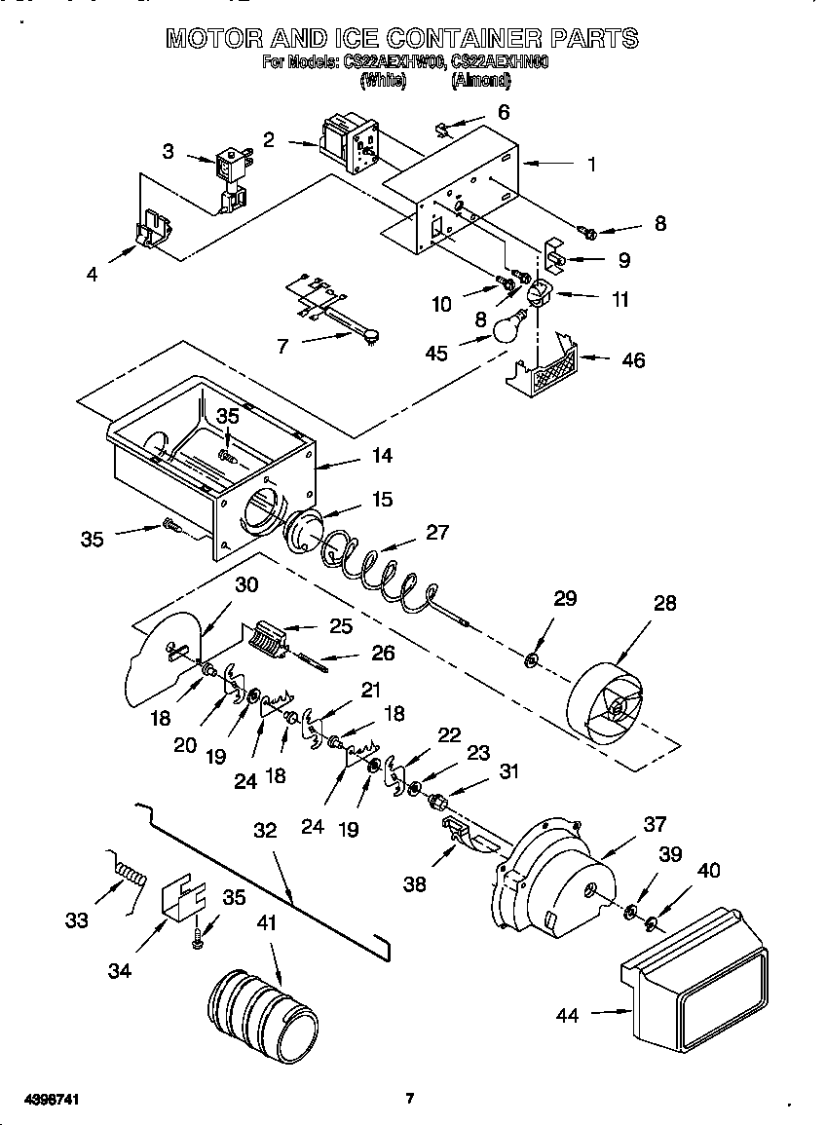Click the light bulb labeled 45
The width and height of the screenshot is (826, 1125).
pyautogui.click(x=506, y=326)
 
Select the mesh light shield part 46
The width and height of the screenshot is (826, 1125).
pyautogui.click(x=548, y=369)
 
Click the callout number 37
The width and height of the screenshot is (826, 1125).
pyautogui.click(x=655, y=824)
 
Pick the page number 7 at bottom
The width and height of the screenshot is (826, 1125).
pyautogui.click(x=410, y=1099)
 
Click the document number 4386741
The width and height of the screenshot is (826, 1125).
pyautogui.click(x=42, y=1099)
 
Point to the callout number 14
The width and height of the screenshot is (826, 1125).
pyautogui.click(x=381, y=455)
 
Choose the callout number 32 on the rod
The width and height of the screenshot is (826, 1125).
pyautogui.click(x=265, y=830)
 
